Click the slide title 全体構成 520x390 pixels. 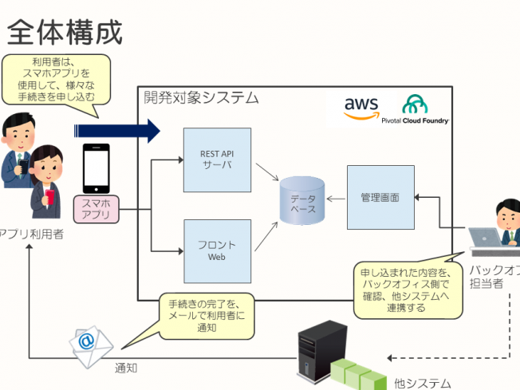[65, 32]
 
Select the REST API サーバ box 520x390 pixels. [217, 160]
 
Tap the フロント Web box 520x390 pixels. [217, 250]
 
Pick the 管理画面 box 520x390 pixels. [380, 197]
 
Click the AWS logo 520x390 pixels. [361, 108]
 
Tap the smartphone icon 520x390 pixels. [96, 168]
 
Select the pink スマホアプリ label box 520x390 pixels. [96, 210]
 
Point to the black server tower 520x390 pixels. [313, 351]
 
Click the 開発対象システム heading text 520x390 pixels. [201, 98]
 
